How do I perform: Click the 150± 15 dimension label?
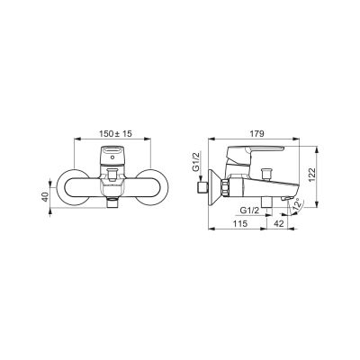coord(115,133)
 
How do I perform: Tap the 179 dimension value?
coord(256,133)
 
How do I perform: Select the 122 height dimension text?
coord(312,175)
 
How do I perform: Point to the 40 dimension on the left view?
coord(45,197)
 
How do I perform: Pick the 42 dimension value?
coord(278,223)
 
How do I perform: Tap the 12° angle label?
coord(297,205)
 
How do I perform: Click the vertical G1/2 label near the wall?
coord(196,162)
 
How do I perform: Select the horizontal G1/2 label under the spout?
coord(250,211)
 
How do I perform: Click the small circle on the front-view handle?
coord(112,157)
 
